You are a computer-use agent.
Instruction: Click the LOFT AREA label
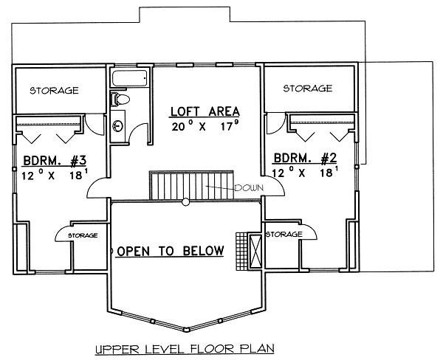point(205,111)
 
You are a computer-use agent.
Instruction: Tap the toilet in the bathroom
point(120,100)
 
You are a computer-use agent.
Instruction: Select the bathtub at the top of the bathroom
point(129,78)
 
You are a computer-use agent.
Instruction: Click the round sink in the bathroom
point(117,125)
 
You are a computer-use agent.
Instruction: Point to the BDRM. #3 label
point(55,161)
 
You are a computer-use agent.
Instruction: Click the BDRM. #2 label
point(305,158)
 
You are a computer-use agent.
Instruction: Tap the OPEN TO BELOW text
point(171,251)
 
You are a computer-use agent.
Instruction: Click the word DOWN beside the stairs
point(250,188)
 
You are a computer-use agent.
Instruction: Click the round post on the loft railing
point(185,202)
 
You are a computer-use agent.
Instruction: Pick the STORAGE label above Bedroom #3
point(54,90)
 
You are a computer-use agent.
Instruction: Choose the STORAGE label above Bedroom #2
point(308,89)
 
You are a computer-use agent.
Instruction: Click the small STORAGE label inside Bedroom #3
point(83,235)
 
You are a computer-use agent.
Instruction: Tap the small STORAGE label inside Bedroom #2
point(284,234)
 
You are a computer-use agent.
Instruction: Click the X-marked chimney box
point(255,251)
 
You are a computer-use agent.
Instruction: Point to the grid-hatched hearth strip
point(241,251)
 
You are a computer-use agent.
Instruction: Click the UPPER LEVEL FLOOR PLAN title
point(185,349)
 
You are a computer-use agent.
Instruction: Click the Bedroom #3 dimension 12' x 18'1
point(55,176)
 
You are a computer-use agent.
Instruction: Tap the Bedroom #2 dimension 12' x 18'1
point(305,172)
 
